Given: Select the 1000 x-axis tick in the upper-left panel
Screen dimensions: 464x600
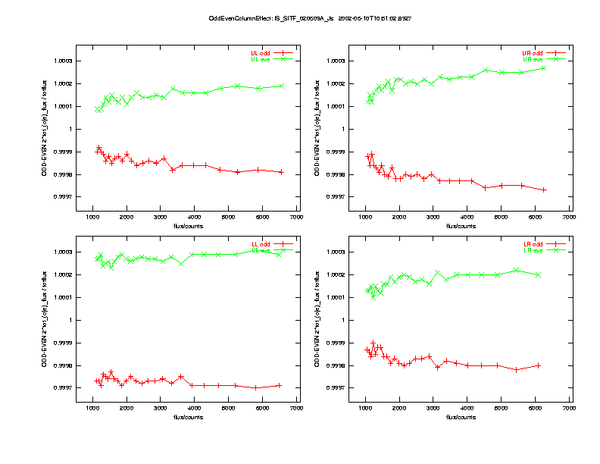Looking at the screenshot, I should coord(93,218).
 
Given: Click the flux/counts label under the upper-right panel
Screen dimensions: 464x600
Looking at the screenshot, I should coord(461,226).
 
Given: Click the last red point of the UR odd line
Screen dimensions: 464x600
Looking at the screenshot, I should coord(544,190).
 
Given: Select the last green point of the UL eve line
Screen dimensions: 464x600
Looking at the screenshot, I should coord(282,86).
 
